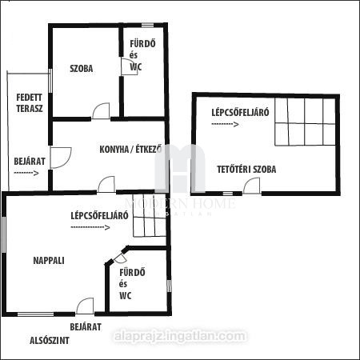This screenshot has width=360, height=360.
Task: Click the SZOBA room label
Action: click(x=82, y=69)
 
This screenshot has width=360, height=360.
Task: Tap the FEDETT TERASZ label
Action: click(x=30, y=103)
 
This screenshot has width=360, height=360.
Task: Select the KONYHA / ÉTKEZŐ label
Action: click(x=130, y=149)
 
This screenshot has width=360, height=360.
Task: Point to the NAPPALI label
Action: click(x=49, y=261)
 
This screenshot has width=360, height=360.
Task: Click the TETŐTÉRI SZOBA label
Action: click(x=246, y=170)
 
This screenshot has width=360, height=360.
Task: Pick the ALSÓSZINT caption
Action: click(x=50, y=341)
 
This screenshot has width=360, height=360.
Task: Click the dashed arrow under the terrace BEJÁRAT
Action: click(x=26, y=173)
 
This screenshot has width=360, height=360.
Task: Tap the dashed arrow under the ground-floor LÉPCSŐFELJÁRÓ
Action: click(x=90, y=227)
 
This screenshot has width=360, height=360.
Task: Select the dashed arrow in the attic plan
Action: click(x=225, y=124)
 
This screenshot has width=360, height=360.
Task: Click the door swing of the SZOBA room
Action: click(x=101, y=110)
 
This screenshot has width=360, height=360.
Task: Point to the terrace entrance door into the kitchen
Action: click(x=61, y=158)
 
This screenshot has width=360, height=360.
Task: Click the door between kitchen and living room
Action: click(x=106, y=184)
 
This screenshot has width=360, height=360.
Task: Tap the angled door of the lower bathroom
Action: click(x=121, y=258)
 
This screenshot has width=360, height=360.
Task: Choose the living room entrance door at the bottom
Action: click(x=85, y=306)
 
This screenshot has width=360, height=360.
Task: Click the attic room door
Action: click(x=251, y=186)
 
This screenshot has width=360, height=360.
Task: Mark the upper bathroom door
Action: click(x=130, y=66)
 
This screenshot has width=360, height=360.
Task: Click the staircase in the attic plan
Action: click(x=305, y=122)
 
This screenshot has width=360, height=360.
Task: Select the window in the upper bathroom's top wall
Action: click(x=147, y=26)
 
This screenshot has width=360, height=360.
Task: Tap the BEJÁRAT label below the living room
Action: click(x=86, y=327)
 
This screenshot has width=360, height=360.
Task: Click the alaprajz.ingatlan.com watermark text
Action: click(x=180, y=336)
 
